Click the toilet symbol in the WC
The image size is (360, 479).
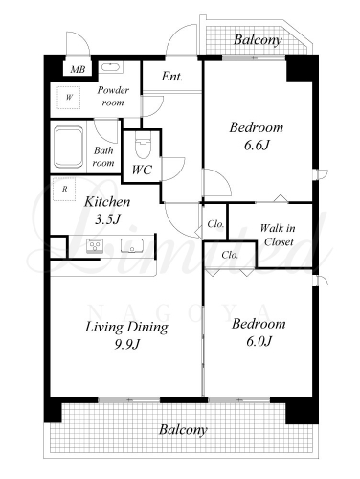click(143, 145)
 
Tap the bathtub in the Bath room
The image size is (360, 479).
click(69, 147)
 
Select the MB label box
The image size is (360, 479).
click(78, 69)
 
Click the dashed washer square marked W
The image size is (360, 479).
click(69, 97)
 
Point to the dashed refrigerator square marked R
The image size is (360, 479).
click(64, 189)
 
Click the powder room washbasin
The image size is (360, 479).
click(110, 68)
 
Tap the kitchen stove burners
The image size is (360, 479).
click(95, 246)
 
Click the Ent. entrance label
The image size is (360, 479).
click(172, 77)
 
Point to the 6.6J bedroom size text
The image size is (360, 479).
click(257, 146)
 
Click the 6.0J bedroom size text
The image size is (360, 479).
click(259, 342)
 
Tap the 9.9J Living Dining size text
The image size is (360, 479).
click(127, 344)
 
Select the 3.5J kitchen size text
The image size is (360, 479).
click(107, 219)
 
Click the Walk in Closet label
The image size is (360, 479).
click(278, 235)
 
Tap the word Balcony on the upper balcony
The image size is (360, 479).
click(258, 40)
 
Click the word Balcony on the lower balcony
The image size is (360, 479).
click(183, 430)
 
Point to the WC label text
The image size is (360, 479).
click(142, 171)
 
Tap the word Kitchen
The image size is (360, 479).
click(107, 202)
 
